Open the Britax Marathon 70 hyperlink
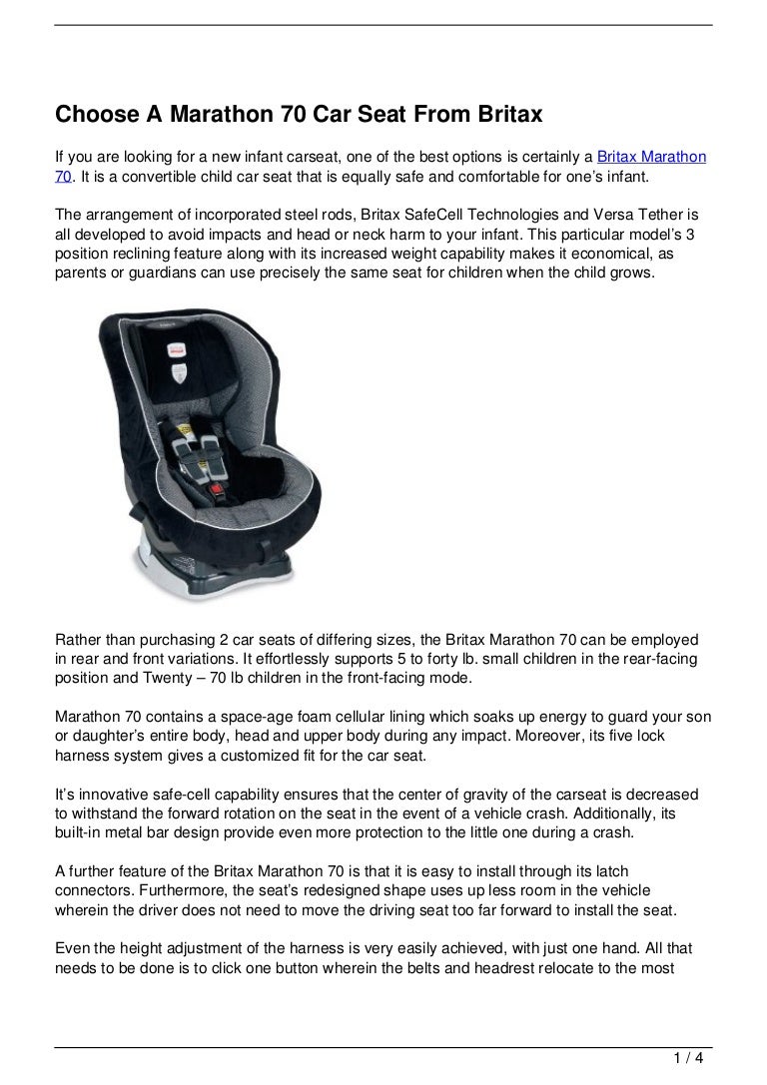coord(651,158)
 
